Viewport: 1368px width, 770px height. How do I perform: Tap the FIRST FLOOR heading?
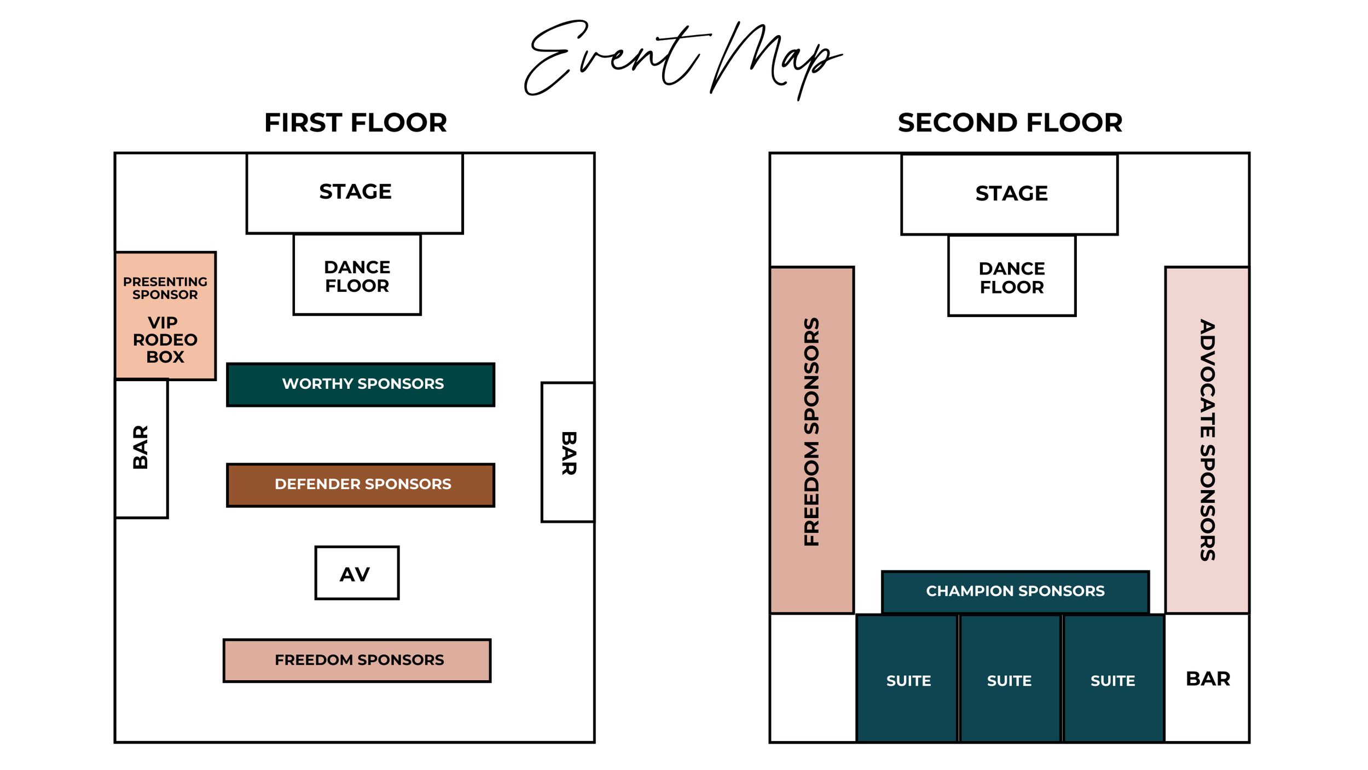[x=356, y=123]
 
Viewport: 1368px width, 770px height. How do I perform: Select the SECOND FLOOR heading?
[x=1010, y=123]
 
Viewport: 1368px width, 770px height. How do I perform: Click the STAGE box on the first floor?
[x=355, y=193]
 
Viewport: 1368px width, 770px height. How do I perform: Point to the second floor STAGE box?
[x=1010, y=194]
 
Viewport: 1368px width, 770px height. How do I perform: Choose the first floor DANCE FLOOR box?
[x=357, y=275]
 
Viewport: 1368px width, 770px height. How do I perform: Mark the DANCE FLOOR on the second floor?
[x=1012, y=277]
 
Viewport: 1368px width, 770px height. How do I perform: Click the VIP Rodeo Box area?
[x=165, y=340]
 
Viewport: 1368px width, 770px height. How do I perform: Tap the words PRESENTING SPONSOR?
[x=165, y=288]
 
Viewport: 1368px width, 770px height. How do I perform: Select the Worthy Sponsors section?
[x=361, y=384]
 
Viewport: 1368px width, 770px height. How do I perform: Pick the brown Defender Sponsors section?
[x=361, y=485]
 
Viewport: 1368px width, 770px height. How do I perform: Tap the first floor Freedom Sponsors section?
[x=357, y=660]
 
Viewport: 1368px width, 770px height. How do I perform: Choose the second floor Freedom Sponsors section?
[x=811, y=433]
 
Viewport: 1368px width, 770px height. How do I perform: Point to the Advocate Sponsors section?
[x=1207, y=433]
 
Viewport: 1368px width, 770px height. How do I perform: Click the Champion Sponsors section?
[x=1015, y=591]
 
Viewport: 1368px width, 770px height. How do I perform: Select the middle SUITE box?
[x=1010, y=679]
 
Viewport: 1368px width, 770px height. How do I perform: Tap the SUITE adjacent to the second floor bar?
[x=1113, y=679]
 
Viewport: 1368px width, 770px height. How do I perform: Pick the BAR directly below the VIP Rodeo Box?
[x=141, y=448]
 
